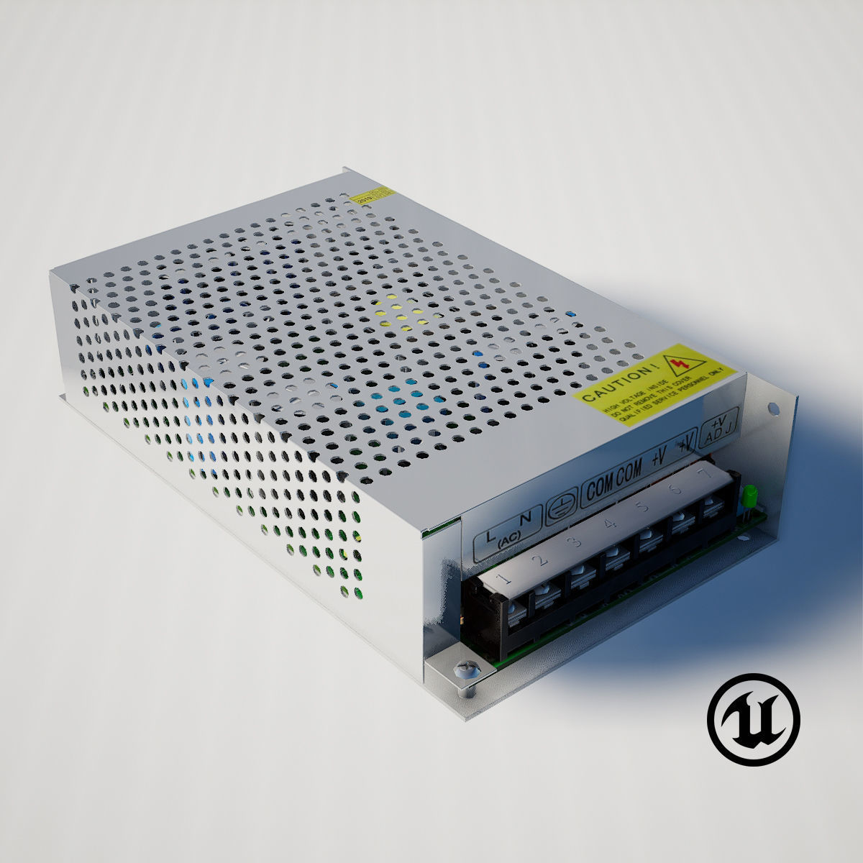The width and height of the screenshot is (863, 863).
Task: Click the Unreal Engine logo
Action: coord(753,718)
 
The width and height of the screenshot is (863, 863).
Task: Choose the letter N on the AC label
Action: coord(525,516)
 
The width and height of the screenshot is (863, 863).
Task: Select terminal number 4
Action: coord(610,524)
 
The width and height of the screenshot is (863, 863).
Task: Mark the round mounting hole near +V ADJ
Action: coord(774,409)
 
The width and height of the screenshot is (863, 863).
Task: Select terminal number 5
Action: coord(642,507)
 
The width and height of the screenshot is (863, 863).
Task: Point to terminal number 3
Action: coord(575,541)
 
